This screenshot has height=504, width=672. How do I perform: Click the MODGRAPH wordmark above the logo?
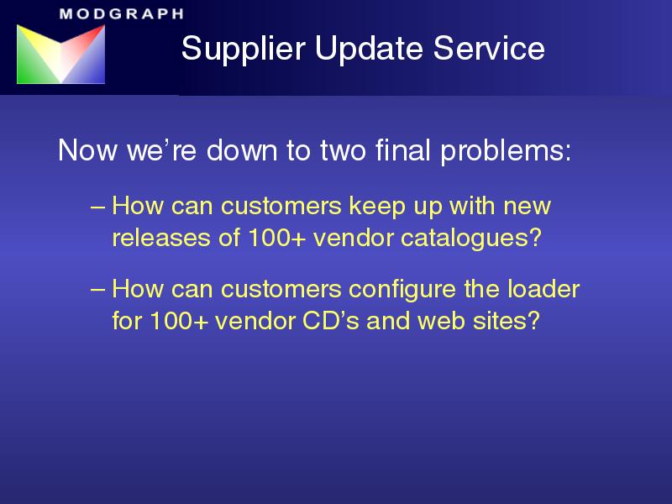[122, 13]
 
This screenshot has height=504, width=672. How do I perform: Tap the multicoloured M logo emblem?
[60, 54]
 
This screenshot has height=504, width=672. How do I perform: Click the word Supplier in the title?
[244, 50]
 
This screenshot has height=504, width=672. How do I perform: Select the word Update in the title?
[370, 50]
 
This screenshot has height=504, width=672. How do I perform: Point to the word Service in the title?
[489, 48]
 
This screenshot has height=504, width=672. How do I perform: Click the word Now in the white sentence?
[87, 150]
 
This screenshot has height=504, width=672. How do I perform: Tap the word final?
[403, 150]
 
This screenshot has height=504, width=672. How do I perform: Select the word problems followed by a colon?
[507, 152]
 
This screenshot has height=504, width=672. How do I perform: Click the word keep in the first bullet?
[376, 207]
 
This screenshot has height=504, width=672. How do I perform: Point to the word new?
[528, 207]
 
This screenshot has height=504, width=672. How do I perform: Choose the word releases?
[161, 237]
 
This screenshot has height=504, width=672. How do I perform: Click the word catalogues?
[471, 239]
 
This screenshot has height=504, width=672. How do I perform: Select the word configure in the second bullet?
[402, 290]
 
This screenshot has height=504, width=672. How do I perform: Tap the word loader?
[543, 288]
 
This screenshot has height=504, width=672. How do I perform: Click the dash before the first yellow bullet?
[97, 207]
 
